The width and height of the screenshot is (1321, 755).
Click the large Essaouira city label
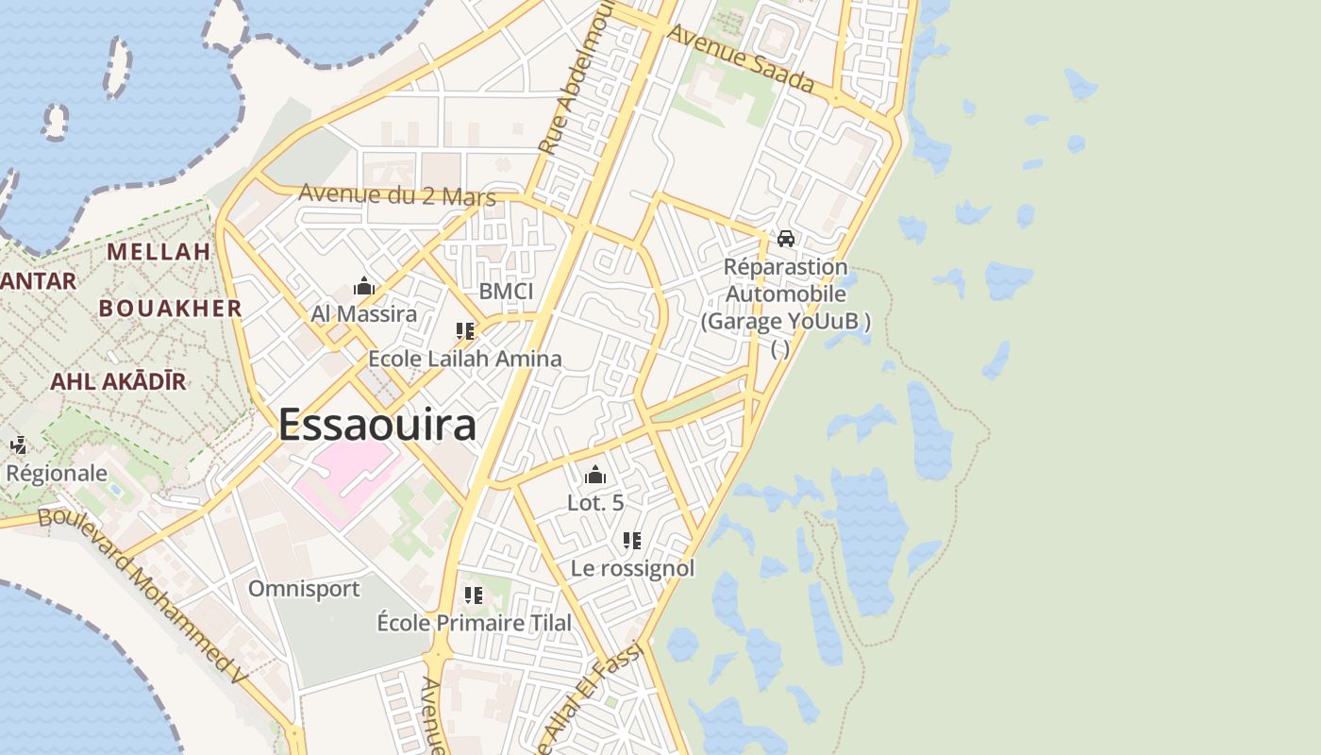[x=376, y=425]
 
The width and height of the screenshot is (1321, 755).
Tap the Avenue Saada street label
[x=740, y=59]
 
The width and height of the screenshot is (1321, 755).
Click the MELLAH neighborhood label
[x=159, y=252]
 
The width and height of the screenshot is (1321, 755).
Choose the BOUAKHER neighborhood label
[x=171, y=309]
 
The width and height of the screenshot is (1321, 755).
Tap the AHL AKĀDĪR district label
[x=118, y=381]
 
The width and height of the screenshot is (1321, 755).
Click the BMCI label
[x=506, y=291]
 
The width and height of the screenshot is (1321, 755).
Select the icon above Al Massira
[x=363, y=286]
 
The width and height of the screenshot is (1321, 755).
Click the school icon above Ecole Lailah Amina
[x=464, y=331]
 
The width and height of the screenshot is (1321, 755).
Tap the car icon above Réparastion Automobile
[x=785, y=238]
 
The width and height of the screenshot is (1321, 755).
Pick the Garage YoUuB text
[x=785, y=321]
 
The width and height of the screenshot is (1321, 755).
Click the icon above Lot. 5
[x=595, y=475]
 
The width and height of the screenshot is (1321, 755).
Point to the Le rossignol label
[x=632, y=568]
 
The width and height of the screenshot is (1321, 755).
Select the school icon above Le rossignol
[x=632, y=541]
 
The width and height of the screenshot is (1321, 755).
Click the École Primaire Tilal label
[x=474, y=623]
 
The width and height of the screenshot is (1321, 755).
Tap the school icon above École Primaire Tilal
[x=474, y=596]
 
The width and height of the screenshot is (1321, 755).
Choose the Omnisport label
[x=304, y=589]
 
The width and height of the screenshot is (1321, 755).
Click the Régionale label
[x=57, y=473]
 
